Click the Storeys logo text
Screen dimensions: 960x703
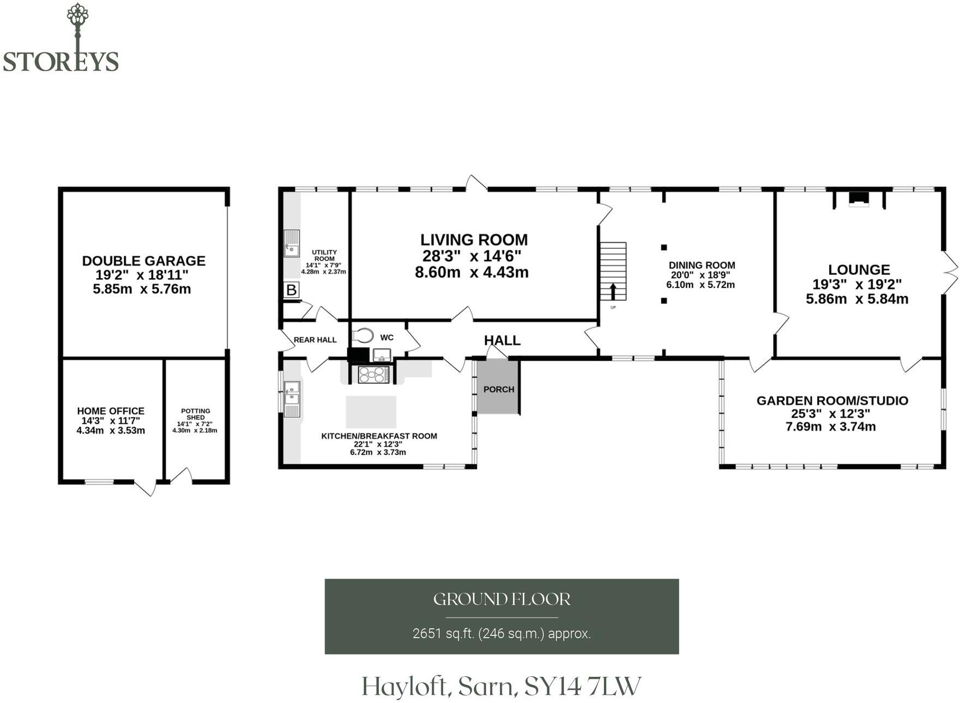(x=61, y=61)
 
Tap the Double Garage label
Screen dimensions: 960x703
(x=144, y=261)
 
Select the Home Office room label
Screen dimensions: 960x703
(x=111, y=411)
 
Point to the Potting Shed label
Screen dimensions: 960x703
(x=196, y=414)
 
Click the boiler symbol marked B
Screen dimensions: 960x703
(x=292, y=290)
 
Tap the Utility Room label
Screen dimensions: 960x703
(x=324, y=255)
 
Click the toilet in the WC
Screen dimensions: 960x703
(x=363, y=335)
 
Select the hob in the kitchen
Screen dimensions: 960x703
(x=373, y=375)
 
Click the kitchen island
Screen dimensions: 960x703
(x=371, y=412)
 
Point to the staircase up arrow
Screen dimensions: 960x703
(x=613, y=291)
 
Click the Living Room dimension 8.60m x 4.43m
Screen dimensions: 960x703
(x=472, y=272)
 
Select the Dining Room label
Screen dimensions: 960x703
(x=702, y=266)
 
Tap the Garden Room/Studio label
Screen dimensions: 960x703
(x=832, y=401)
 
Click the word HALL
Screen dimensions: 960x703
(x=502, y=340)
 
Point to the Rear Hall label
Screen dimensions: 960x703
(x=315, y=340)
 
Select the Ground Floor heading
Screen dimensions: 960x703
(x=502, y=599)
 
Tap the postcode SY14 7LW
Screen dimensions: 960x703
(x=583, y=686)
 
